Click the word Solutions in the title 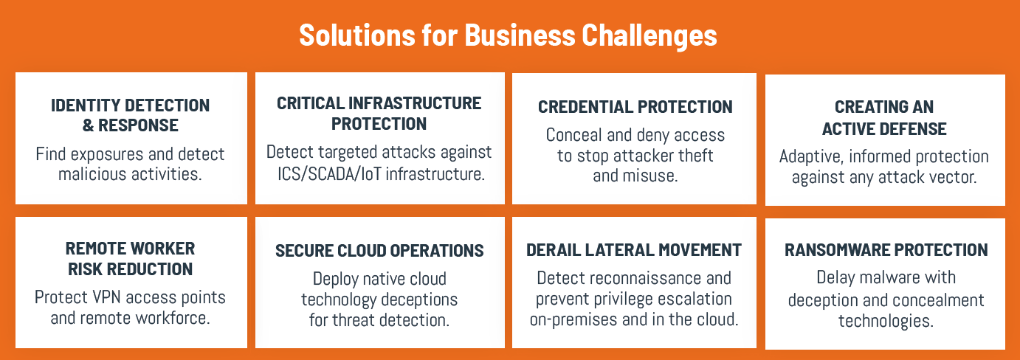click(357, 35)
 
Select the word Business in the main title click(520, 35)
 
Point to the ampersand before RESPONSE click(88, 125)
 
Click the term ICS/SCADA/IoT click(329, 174)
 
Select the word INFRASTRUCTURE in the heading click(415, 103)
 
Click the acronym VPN click(107, 297)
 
